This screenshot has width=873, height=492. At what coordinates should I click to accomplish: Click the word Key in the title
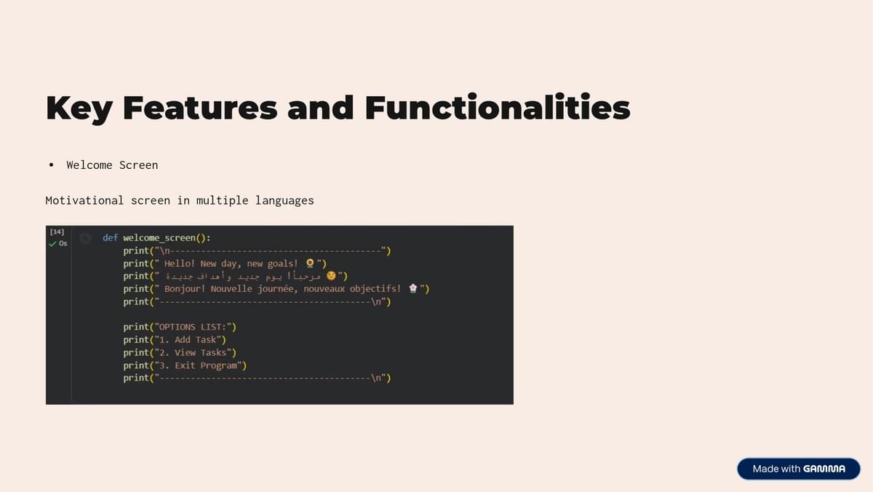pyautogui.click(x=79, y=108)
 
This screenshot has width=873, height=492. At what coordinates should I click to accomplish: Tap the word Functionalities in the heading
pyautogui.click(x=498, y=106)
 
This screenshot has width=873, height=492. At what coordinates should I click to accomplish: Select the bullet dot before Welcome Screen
pyautogui.click(x=51, y=165)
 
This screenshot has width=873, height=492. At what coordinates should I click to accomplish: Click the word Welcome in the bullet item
pyautogui.click(x=89, y=165)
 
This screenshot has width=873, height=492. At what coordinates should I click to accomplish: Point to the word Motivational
pyautogui.click(x=84, y=200)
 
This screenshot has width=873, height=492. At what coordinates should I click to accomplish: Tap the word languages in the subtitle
pyautogui.click(x=284, y=201)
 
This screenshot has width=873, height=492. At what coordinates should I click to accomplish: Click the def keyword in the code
pyautogui.click(x=111, y=238)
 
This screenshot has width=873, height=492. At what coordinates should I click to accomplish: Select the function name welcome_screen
pyautogui.click(x=159, y=238)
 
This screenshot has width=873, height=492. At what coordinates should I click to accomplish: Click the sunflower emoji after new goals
pyautogui.click(x=310, y=263)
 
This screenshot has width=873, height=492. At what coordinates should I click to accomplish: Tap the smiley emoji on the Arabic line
pyautogui.click(x=331, y=276)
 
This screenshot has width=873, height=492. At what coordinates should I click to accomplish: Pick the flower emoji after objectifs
pyautogui.click(x=412, y=288)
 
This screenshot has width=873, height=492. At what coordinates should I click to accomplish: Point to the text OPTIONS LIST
pyautogui.click(x=193, y=327)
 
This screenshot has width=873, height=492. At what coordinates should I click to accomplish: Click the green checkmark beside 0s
pyautogui.click(x=52, y=244)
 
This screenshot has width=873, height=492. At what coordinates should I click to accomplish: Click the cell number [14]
pyautogui.click(x=57, y=232)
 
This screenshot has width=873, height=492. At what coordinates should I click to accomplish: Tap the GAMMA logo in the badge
pyautogui.click(x=824, y=469)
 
